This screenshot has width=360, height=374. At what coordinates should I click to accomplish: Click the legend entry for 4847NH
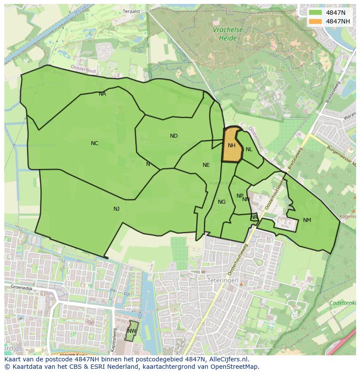(337, 21)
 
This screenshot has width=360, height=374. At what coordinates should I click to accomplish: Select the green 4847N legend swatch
(316, 13)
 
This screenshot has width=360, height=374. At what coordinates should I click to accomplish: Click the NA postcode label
(102, 94)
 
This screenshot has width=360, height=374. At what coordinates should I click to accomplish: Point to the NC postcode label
(94, 143)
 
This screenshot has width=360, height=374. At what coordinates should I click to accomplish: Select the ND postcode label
(174, 136)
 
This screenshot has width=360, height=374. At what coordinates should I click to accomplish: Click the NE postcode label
(206, 165)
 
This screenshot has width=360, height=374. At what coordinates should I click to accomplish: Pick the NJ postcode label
(116, 209)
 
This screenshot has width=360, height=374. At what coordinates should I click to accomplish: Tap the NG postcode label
(222, 202)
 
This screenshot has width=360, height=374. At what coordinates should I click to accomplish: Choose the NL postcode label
(249, 149)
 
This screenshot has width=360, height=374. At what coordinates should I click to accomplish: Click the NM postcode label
(307, 220)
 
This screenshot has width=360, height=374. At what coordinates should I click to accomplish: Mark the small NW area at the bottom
(132, 331)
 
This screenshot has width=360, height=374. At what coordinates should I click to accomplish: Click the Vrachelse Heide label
(227, 34)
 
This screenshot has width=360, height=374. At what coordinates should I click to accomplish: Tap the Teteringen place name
(223, 281)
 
